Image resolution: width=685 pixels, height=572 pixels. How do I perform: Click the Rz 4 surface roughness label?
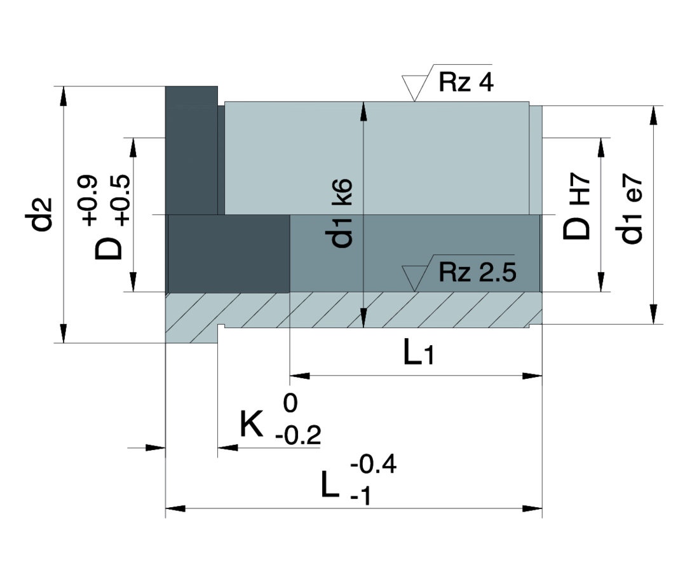(x=466, y=82)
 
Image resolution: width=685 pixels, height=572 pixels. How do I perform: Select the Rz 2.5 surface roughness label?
(x=477, y=272)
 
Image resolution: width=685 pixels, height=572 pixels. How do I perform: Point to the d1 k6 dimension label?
(x=339, y=214)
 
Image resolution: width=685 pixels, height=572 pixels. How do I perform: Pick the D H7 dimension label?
(x=576, y=205)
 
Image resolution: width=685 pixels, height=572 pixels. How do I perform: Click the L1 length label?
(x=418, y=353)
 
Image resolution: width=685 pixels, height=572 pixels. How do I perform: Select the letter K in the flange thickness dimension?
(x=252, y=424)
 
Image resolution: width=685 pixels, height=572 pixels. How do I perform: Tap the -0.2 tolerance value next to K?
(x=298, y=435)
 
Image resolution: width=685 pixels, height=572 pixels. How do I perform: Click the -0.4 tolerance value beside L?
(x=373, y=464)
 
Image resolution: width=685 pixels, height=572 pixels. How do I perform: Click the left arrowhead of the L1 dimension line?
(x=300, y=376)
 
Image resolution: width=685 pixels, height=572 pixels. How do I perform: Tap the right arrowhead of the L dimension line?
(x=532, y=508)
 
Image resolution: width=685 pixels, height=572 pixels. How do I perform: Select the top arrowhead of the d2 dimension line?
(x=64, y=96)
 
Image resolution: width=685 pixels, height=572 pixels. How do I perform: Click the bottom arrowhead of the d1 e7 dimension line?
(x=653, y=314)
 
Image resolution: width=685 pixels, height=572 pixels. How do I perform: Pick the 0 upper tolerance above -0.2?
(x=290, y=403)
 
